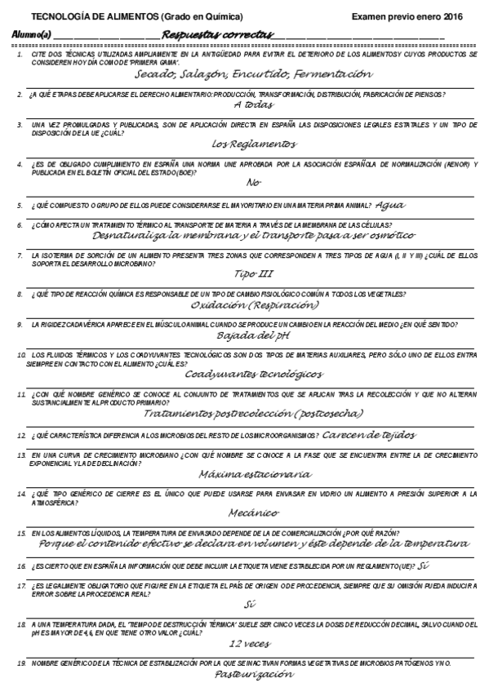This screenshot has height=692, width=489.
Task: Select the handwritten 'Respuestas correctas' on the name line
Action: [219, 34]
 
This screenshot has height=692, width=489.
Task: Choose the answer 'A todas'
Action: [254, 105]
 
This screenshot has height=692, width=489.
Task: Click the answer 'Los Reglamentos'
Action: [254, 144]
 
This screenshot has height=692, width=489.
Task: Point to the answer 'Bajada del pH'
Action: [254, 335]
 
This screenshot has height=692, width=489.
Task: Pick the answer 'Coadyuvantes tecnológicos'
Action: [254, 374]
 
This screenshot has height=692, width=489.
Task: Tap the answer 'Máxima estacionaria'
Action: [254, 472]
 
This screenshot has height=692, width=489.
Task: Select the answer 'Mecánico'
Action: [254, 512]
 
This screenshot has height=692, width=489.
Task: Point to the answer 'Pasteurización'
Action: [254, 675]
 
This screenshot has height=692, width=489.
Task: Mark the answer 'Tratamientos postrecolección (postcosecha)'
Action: [254, 413]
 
